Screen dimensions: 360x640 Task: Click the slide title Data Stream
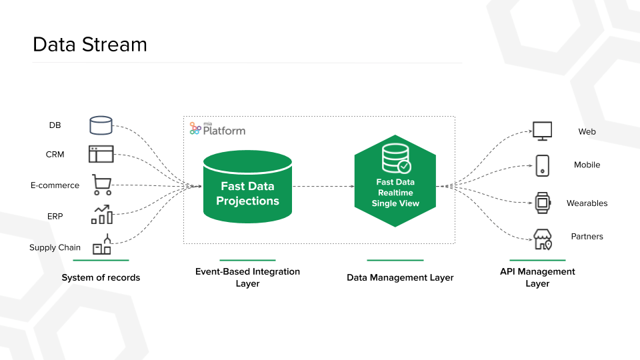coord(89,45)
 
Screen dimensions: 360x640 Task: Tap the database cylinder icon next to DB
coord(101,125)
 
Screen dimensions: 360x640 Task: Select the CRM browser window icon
coord(101,154)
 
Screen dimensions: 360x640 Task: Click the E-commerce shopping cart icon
coord(101,185)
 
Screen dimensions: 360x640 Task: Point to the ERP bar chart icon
coord(102,214)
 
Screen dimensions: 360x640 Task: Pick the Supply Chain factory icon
coord(102,245)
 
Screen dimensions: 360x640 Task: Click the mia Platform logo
coord(217,129)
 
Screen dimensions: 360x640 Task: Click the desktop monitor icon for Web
coord(542,131)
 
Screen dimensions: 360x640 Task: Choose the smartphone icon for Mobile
coord(542,165)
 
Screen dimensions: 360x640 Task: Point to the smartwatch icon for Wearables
coord(542,203)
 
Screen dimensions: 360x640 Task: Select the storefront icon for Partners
coord(543,239)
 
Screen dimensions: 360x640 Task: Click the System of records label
coord(101,277)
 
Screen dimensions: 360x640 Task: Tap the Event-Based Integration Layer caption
coord(247,277)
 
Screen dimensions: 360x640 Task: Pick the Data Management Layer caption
coord(400,277)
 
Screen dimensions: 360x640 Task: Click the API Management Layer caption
coord(537,277)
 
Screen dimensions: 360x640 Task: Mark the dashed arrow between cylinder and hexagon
coord(323,186)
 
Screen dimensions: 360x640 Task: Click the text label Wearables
coord(587,203)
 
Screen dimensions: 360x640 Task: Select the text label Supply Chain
coord(55,247)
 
